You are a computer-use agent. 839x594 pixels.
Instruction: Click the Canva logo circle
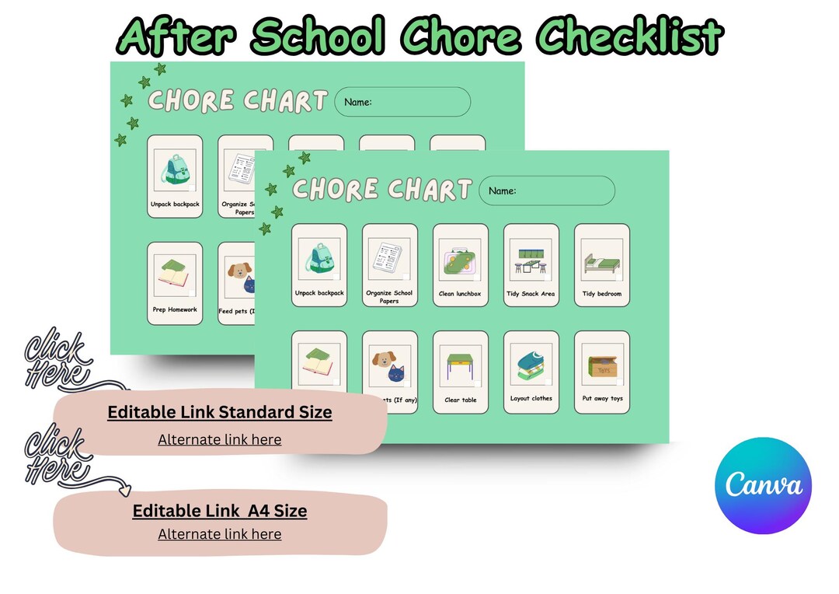click(763, 485)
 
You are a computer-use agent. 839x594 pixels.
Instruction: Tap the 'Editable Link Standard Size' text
click(220, 412)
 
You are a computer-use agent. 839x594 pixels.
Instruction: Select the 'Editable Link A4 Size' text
click(220, 511)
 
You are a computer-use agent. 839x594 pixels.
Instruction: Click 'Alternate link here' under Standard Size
click(220, 439)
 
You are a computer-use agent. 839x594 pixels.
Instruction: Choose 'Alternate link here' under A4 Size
click(220, 534)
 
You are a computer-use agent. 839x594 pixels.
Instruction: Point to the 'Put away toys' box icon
click(602, 366)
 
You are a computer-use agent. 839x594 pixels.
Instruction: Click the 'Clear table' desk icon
click(460, 366)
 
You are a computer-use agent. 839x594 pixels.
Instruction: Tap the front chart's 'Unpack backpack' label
click(319, 293)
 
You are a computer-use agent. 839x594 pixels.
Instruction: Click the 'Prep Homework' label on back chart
click(175, 309)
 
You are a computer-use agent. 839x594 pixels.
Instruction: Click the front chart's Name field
click(547, 190)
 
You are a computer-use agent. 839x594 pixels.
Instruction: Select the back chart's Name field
click(402, 102)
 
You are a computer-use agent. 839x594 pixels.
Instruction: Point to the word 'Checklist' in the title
click(631, 35)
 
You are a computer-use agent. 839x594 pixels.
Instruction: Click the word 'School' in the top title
click(318, 35)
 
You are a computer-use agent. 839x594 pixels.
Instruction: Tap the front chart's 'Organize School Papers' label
click(389, 297)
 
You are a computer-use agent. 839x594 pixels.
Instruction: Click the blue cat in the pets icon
click(396, 374)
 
